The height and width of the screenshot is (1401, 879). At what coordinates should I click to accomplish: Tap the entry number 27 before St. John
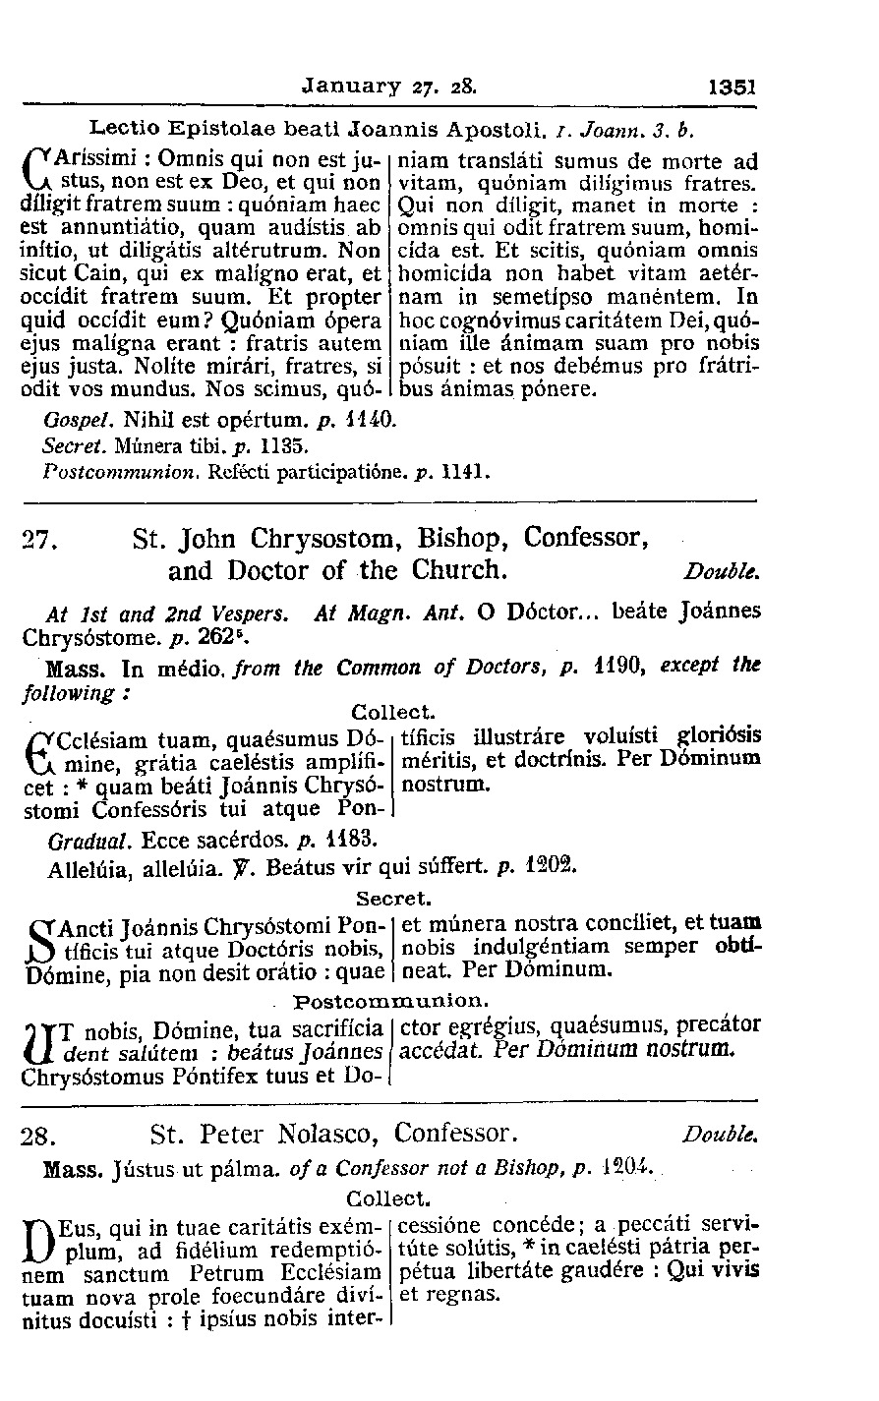pyautogui.click(x=36, y=540)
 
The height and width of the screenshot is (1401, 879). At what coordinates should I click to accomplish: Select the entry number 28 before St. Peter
pyautogui.click(x=36, y=1138)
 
